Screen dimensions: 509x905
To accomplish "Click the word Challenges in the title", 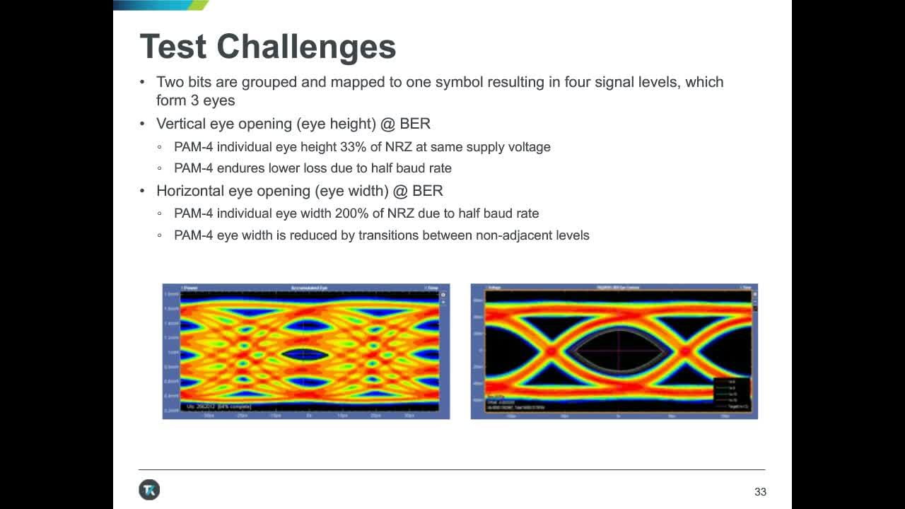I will [x=306, y=47].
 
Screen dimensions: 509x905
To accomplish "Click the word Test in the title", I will [x=174, y=47].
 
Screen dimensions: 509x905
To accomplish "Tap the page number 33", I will [x=760, y=492].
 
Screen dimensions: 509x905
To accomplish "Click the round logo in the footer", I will [x=149, y=490].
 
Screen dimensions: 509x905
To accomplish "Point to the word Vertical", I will [x=181, y=124].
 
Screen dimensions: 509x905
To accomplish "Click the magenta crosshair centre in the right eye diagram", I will [x=618, y=351].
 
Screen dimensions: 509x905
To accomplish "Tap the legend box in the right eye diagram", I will [x=731, y=395].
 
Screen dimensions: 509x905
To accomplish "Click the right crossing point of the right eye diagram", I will [x=684, y=351].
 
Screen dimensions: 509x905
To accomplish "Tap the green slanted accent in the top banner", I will [x=199, y=5].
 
